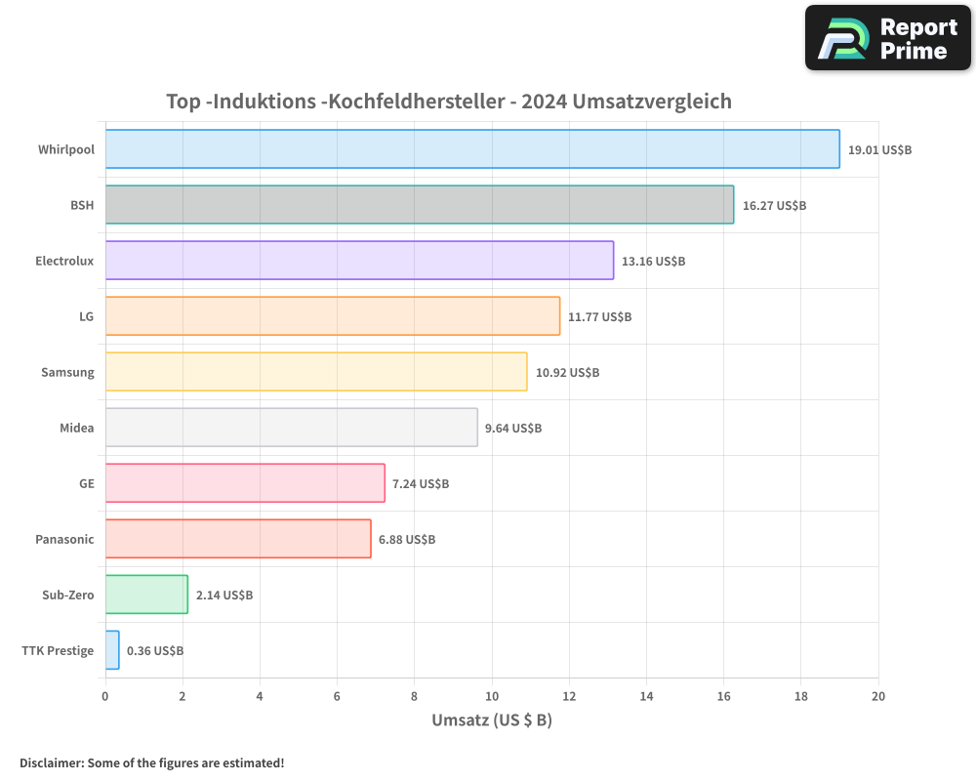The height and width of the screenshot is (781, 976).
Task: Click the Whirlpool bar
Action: (x=472, y=149)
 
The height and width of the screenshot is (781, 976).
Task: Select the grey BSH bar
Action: (x=420, y=205)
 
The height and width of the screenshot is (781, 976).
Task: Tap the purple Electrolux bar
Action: (x=359, y=261)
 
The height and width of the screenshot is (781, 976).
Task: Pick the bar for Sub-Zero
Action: (x=146, y=595)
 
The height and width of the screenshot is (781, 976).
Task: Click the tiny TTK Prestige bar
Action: (x=112, y=650)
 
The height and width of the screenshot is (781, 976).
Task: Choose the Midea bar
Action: (x=291, y=428)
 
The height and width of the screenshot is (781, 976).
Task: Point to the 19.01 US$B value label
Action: (x=879, y=150)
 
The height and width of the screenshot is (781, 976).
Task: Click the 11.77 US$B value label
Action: (x=599, y=317)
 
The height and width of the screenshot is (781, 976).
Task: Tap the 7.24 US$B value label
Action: (x=421, y=484)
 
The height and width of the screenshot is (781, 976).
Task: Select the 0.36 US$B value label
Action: (x=155, y=651)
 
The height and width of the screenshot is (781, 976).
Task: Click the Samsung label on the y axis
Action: (x=67, y=372)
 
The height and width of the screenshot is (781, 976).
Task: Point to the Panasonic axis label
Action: (x=64, y=539)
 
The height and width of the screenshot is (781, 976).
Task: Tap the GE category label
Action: (x=87, y=483)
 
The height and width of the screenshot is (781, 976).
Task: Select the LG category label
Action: (x=87, y=316)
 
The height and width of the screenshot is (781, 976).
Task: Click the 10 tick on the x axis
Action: (x=491, y=696)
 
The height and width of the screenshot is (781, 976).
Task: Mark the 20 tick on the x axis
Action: (x=877, y=696)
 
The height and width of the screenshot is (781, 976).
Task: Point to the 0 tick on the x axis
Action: (x=105, y=696)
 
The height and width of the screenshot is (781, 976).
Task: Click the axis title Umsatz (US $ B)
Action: (x=492, y=720)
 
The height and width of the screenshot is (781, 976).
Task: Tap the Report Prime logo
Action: (x=887, y=38)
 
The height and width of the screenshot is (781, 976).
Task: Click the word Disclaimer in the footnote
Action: (x=51, y=762)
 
